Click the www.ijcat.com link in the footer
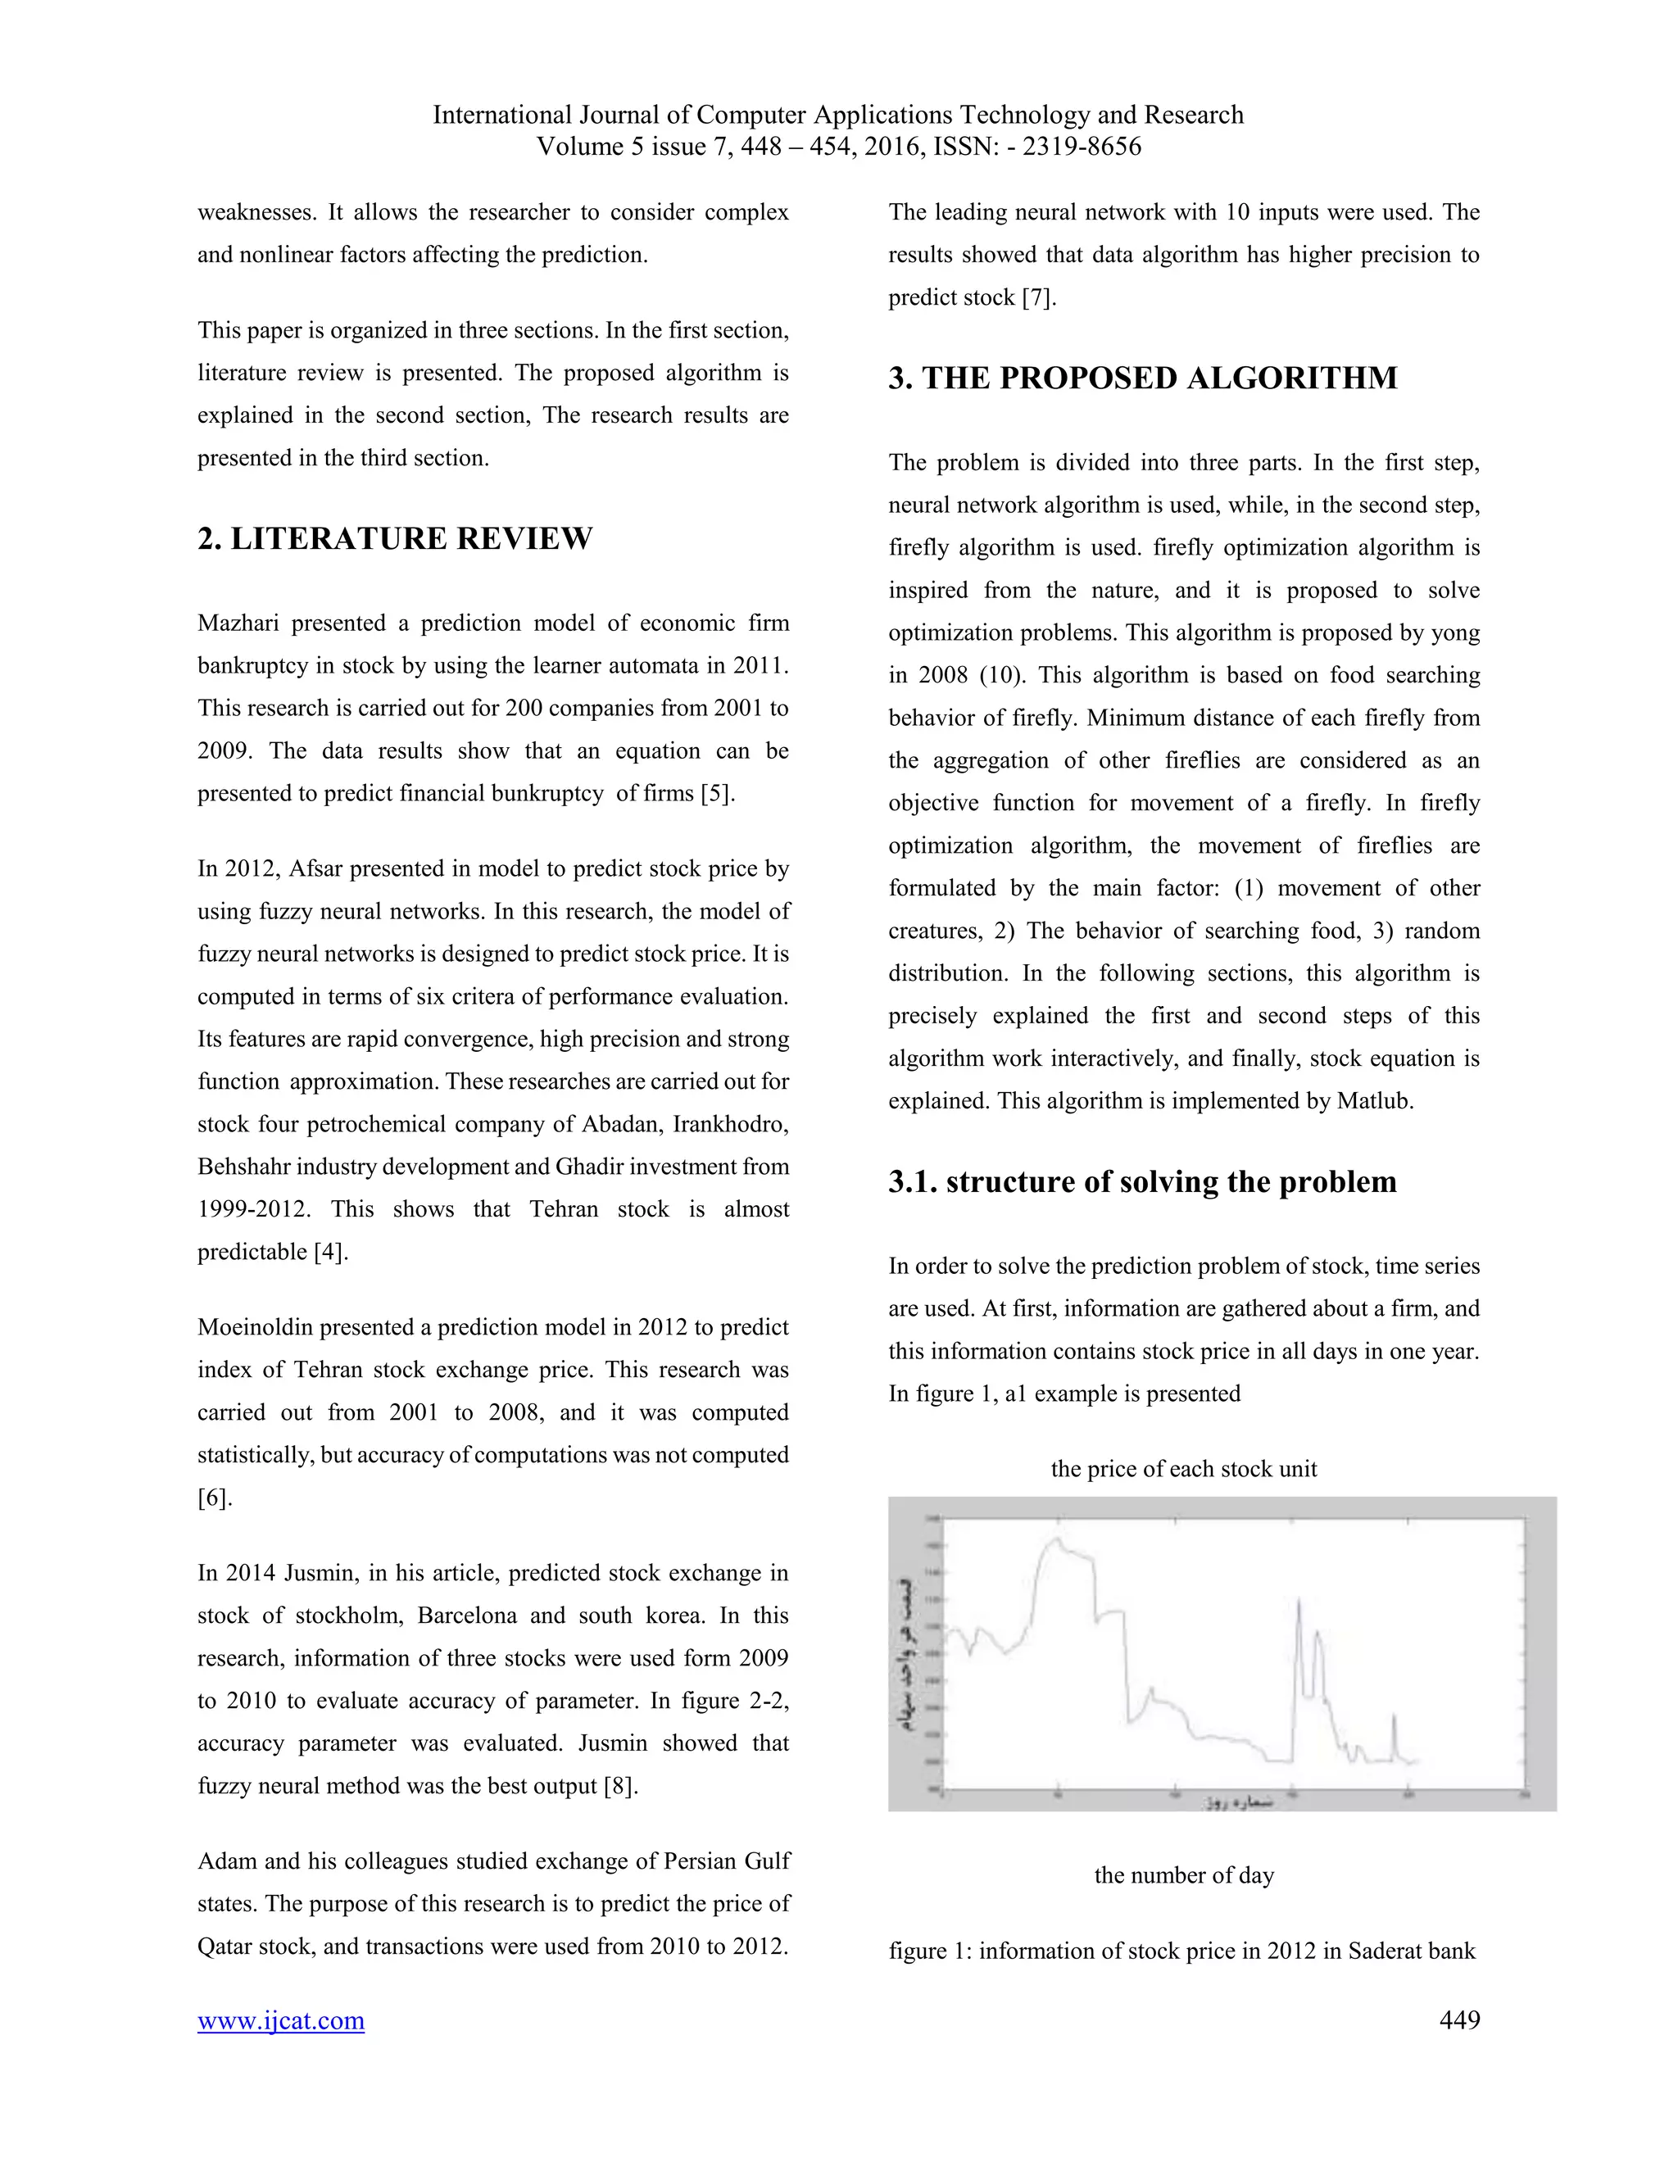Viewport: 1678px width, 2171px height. [x=280, y=2021]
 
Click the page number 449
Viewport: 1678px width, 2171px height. [x=1458, y=2020]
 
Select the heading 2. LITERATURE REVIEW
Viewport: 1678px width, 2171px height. [x=395, y=539]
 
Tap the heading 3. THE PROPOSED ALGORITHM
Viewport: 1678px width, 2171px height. [x=1142, y=378]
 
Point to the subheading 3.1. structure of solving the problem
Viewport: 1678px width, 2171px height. [x=1142, y=1182]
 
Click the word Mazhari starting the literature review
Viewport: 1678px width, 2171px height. [x=238, y=624]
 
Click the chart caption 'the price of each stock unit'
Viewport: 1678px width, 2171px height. [x=1183, y=1469]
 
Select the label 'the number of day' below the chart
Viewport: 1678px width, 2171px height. [x=1183, y=1876]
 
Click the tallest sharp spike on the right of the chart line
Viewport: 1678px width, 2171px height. [x=1299, y=1602]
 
